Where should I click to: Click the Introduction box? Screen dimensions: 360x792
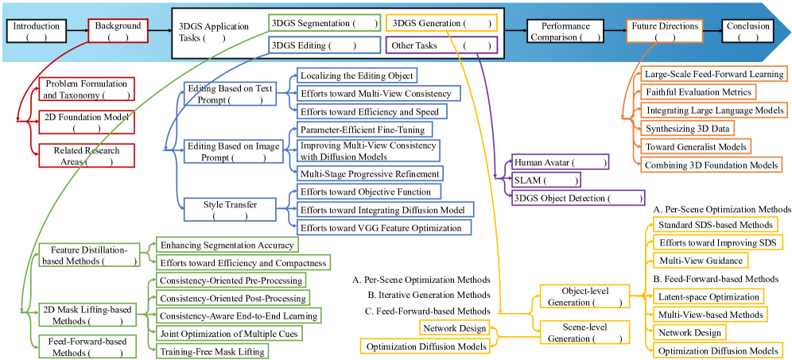pyautogui.click(x=37, y=31)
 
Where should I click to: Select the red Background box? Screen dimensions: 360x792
pyautogui.click(x=118, y=31)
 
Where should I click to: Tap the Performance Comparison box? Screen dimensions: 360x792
pyautogui.click(x=565, y=31)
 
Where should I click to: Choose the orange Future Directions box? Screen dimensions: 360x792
pyautogui.click(x=665, y=31)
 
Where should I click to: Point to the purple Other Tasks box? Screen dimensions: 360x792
pyautogui.click(x=442, y=46)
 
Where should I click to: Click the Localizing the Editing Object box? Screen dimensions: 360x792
pyautogui.click(x=356, y=75)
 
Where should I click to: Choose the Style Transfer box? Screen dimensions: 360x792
pyautogui.click(x=231, y=209)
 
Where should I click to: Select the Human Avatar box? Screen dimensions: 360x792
pyautogui.click(x=560, y=163)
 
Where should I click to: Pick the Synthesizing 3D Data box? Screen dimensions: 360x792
pyautogui.click(x=689, y=128)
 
